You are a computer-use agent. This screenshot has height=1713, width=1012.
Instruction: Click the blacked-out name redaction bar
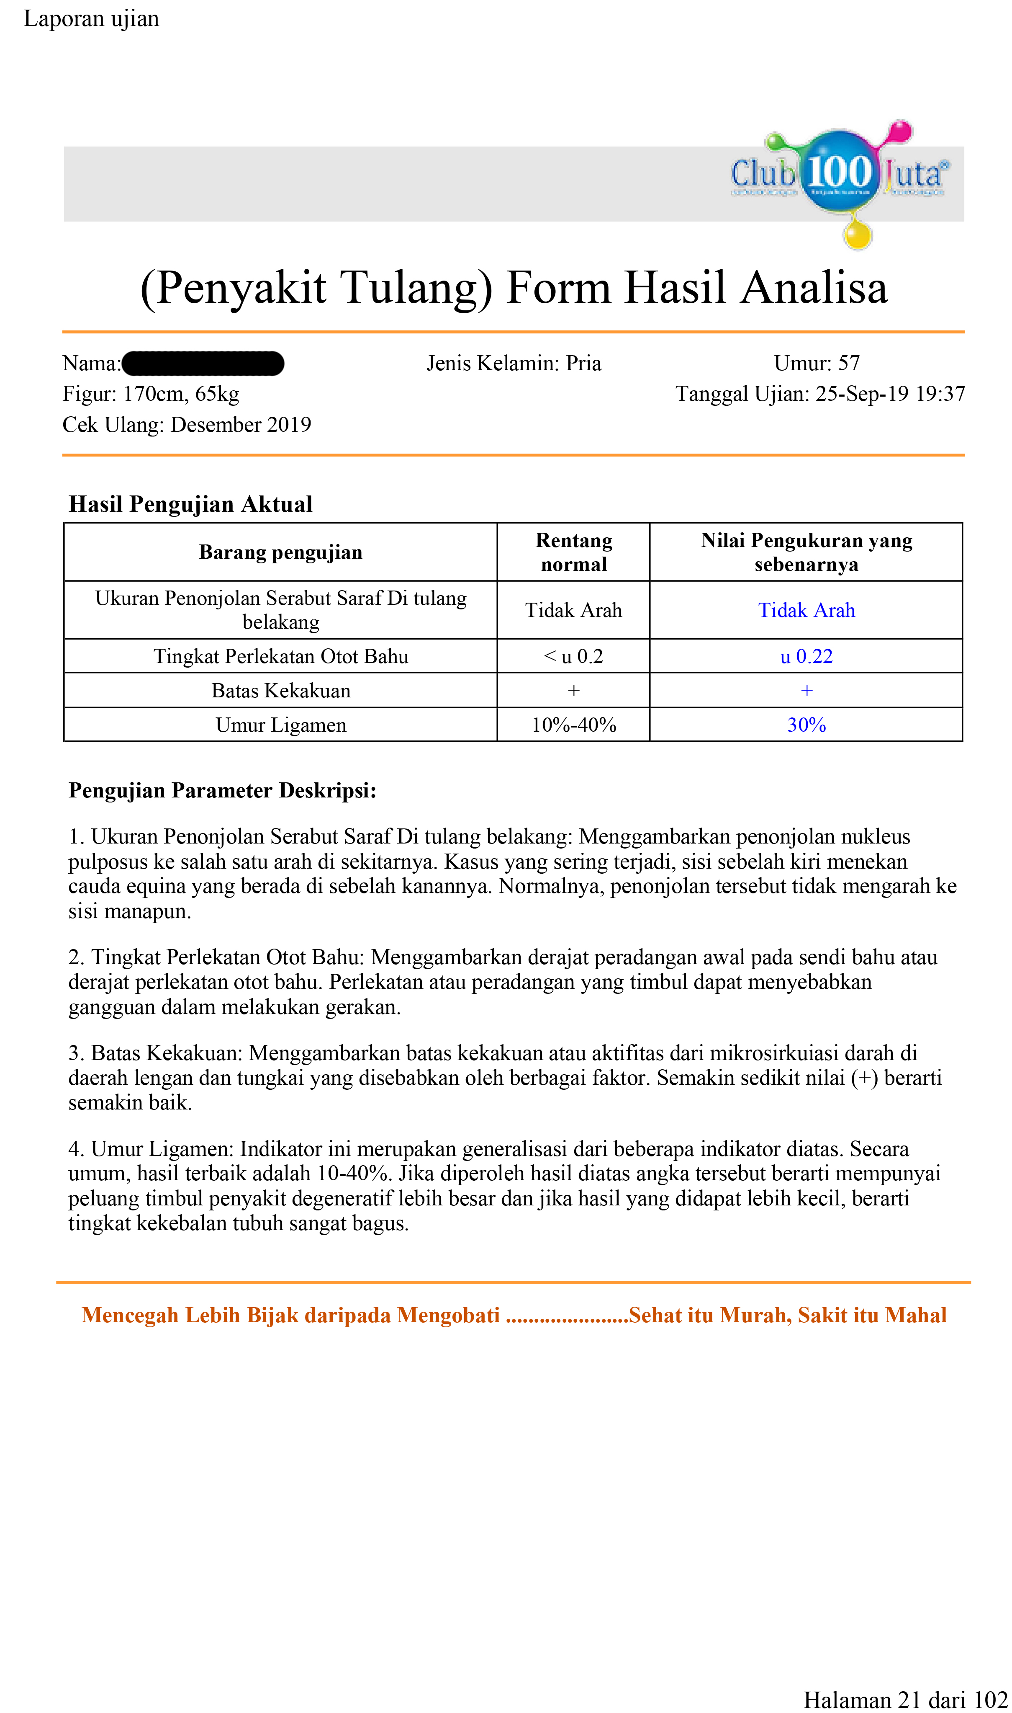click(x=203, y=364)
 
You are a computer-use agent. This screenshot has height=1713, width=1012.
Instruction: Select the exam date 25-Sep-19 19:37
click(x=890, y=394)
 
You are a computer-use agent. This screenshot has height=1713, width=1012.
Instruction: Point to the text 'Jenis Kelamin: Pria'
click(x=514, y=363)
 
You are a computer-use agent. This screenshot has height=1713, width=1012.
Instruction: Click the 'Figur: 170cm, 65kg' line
click(x=151, y=394)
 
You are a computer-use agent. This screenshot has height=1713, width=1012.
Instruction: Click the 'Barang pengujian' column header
click(x=280, y=552)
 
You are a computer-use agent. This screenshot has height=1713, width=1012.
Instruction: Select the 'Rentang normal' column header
click(x=573, y=552)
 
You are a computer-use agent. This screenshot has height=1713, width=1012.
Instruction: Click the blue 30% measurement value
click(x=806, y=725)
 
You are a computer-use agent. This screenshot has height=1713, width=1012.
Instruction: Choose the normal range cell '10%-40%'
click(x=573, y=725)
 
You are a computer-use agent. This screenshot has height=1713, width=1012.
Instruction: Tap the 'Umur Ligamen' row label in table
click(x=280, y=725)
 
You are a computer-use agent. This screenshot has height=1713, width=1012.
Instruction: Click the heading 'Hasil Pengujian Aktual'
click(x=190, y=504)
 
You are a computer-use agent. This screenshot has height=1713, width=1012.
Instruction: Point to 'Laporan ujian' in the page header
click(x=91, y=18)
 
